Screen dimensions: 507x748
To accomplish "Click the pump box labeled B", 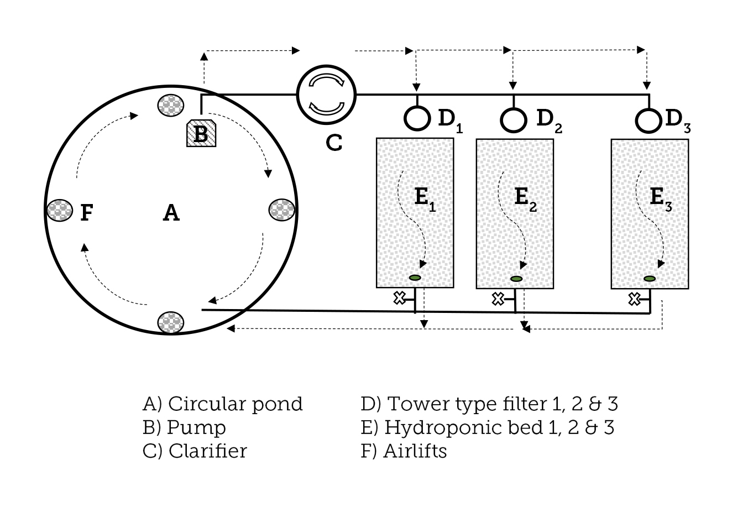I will pos(200,133).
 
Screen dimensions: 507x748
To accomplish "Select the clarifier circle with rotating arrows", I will pos(327,94).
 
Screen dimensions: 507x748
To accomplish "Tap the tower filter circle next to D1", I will pos(417,117).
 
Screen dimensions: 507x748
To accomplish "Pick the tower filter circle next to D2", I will pos(514,119).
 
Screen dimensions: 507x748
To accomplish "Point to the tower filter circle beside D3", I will pos(648,120).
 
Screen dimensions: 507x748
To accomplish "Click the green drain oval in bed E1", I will pos(415,277).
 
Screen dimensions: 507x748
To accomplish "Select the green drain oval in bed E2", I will pos(516,279).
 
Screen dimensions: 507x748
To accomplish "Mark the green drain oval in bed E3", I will pos(650,279).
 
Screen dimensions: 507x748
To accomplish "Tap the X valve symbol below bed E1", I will pos(399,298).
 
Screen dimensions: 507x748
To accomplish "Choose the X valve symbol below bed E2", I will pos(498,299).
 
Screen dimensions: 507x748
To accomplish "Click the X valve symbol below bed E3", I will pos(634,299).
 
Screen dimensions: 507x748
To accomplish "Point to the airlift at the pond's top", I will pos(171,104).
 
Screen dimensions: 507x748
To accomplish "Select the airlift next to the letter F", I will pos(59,210).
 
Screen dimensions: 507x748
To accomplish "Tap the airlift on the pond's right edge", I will pos(282,210).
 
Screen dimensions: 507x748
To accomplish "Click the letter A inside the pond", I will pos(171,212).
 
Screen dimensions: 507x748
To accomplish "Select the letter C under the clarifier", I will pos(334,143).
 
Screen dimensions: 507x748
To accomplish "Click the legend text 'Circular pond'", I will pos(235,404).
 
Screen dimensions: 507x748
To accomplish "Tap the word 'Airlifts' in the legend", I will pos(415,451).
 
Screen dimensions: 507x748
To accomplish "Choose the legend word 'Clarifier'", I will pos(207,451).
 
